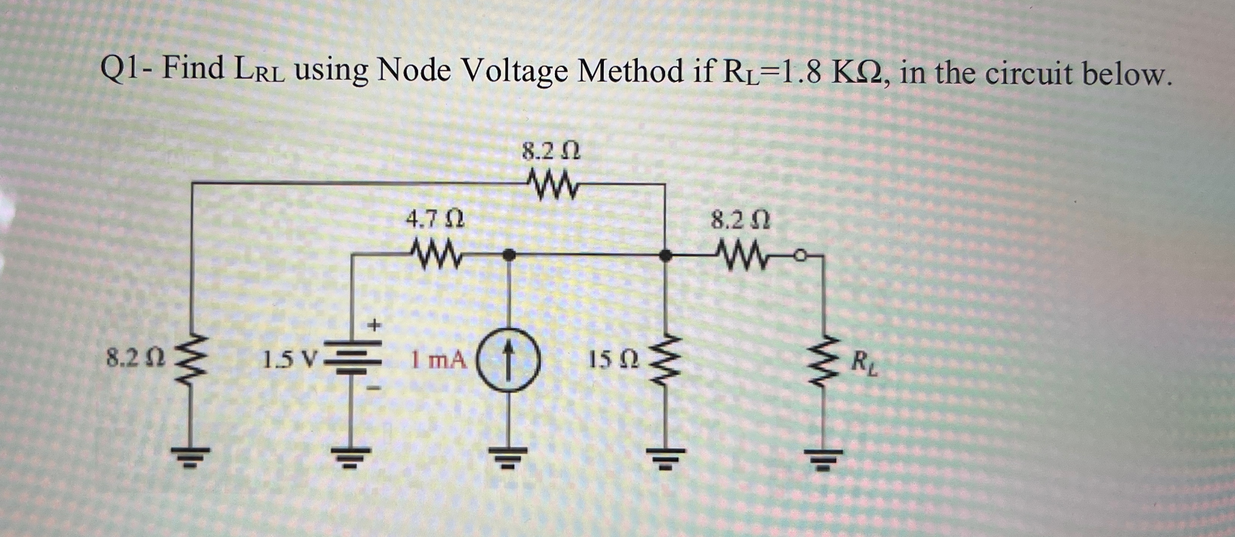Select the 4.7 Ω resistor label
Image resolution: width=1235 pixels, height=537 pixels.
click(434, 221)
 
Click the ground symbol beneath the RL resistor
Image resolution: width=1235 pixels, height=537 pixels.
click(823, 458)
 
